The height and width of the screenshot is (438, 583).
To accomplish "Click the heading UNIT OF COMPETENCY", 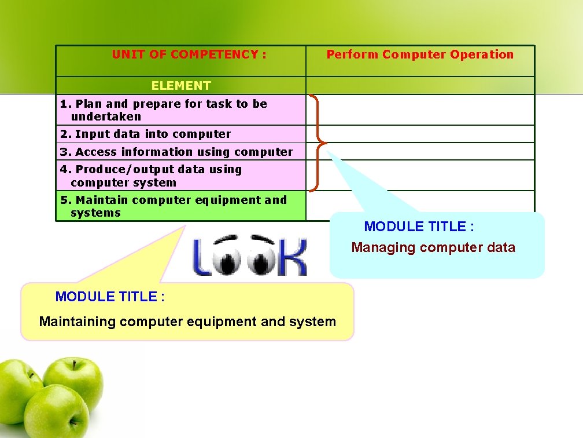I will pos(189,54).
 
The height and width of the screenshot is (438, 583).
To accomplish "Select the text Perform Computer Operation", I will pos(420,54).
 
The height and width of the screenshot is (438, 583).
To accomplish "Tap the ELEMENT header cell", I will pos(181,85).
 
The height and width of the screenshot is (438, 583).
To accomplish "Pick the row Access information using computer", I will pos(176,152).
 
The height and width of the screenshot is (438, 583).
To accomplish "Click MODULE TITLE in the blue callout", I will pos(419,227).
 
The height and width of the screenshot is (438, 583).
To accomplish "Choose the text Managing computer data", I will pos(433,247).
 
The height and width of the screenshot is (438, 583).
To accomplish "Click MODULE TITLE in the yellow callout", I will pos(110,297).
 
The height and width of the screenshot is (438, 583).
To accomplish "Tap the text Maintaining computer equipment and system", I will pos(187,322).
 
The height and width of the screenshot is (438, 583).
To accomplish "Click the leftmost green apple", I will pos(17,388).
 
